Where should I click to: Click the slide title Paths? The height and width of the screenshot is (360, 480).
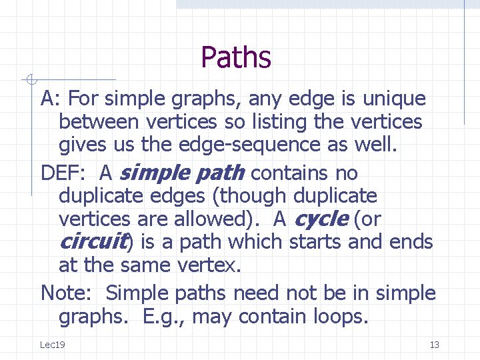236,57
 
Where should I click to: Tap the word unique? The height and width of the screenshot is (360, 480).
394,99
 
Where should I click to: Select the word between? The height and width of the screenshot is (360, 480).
98,122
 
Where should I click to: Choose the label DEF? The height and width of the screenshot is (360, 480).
64,173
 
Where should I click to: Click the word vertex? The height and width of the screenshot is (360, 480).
209,265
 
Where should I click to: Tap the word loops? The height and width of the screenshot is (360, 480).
339,316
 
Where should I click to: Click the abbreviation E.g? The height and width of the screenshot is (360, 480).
164,316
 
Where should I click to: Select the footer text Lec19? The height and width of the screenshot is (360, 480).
52,344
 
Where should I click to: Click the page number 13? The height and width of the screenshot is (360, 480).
434,344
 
